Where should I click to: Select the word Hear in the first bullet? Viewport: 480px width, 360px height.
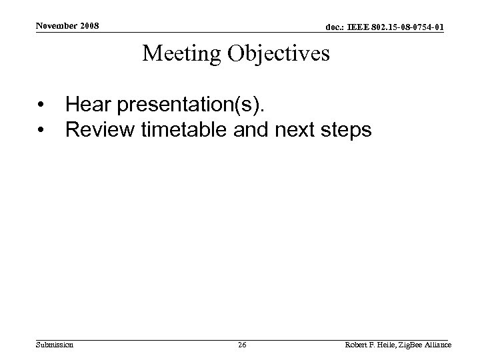click(87, 104)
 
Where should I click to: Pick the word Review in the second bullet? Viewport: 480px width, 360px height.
click(100, 129)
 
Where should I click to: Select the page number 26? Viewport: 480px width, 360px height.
click(241, 345)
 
